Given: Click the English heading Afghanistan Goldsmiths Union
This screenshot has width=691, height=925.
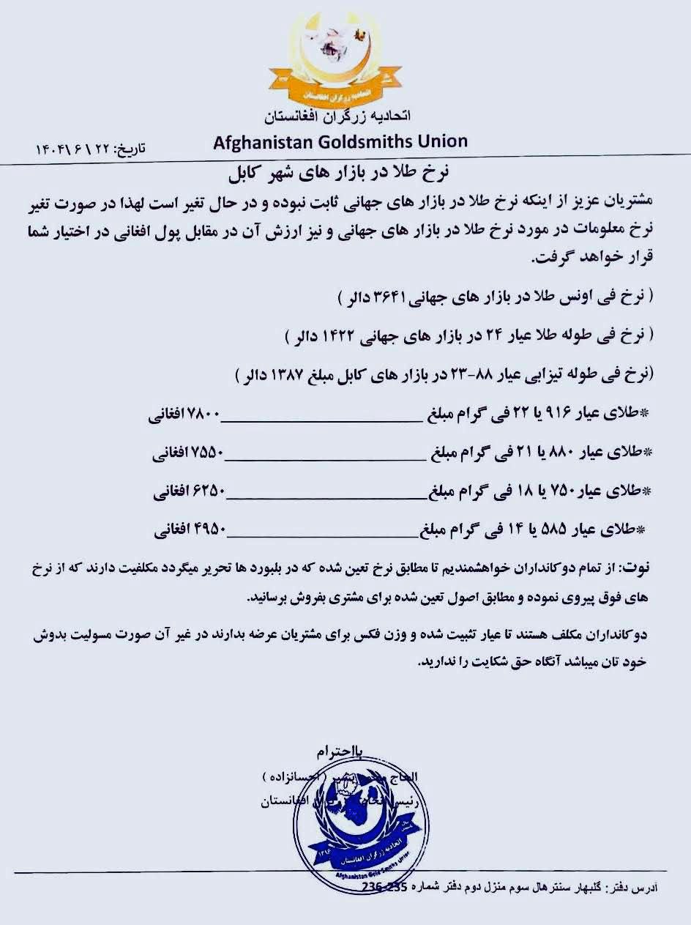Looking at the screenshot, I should click(340, 141).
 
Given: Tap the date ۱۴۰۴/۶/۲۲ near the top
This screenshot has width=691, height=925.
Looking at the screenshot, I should click(70, 148).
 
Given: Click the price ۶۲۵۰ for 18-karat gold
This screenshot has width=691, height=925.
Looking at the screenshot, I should click(209, 491).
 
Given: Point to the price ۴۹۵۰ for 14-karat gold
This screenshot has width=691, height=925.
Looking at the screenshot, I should click(209, 530).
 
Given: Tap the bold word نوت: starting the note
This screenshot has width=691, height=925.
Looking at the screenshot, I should click(636, 568).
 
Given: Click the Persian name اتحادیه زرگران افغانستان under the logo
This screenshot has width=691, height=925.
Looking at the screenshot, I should click(337, 116).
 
